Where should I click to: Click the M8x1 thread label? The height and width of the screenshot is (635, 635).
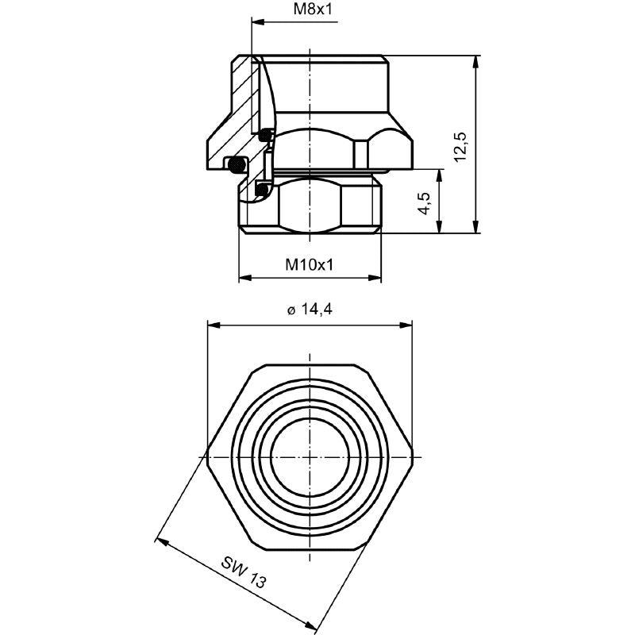(310, 10)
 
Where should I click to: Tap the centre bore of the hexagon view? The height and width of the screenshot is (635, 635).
(310, 456)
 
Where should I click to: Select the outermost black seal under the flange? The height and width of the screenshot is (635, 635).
(236, 165)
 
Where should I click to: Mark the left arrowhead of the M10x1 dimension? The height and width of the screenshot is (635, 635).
(244, 278)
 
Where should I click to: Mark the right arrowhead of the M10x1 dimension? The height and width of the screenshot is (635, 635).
(377, 278)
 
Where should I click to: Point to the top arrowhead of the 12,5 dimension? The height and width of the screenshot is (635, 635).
(476, 60)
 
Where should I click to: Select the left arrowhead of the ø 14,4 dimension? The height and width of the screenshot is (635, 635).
(211, 324)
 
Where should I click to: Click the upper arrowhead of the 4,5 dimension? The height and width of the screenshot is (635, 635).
(437, 174)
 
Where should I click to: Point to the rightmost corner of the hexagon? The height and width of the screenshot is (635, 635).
(413, 456)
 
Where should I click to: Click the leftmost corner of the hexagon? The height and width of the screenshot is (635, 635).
(206, 456)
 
